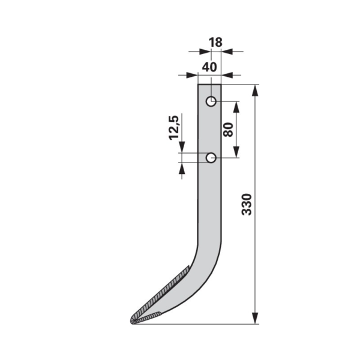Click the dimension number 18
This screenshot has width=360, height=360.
215,43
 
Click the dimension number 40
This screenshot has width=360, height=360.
209,67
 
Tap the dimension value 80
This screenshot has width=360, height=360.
229,130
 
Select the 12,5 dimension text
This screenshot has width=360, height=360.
174,127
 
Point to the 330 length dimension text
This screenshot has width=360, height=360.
247,205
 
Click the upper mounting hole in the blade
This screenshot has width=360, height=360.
211,101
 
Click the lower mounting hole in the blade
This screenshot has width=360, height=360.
211,158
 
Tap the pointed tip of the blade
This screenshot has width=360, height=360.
132,322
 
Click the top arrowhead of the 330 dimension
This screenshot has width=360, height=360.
256,90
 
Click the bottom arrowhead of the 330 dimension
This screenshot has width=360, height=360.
256,318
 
